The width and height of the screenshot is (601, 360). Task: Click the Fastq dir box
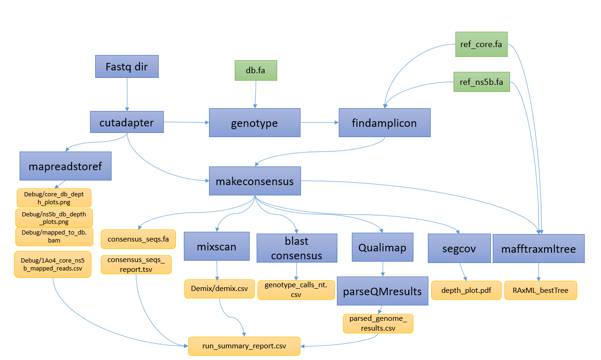pyautogui.click(x=127, y=67)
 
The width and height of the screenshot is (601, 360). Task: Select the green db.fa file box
pyautogui.click(x=255, y=70)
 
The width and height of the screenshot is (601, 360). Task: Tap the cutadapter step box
pyautogui.click(x=126, y=123)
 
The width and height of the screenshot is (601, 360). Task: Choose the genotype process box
pyautogui.click(x=254, y=123)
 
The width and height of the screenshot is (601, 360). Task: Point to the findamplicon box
pyautogui.click(x=384, y=123)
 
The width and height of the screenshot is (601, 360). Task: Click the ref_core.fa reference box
pyautogui.click(x=481, y=44)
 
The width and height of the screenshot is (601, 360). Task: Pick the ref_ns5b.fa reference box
pyautogui.click(x=482, y=82)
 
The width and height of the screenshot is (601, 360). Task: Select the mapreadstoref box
pyautogui.click(x=65, y=166)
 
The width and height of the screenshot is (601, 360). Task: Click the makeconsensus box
pyautogui.click(x=254, y=181)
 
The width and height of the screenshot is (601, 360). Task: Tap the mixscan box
pyautogui.click(x=217, y=247)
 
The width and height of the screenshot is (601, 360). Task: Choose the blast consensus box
pyautogui.click(x=297, y=248)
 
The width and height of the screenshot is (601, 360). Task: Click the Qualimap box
pyautogui.click(x=383, y=248)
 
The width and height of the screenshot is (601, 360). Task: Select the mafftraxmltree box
pyautogui.click(x=538, y=249)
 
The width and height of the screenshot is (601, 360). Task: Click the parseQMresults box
pyautogui.click(x=383, y=291)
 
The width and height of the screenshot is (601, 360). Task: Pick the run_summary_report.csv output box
pyautogui.click(x=244, y=346)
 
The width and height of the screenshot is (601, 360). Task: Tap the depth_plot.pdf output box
pyautogui.click(x=466, y=290)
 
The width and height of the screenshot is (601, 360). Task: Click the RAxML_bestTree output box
pyautogui.click(x=540, y=290)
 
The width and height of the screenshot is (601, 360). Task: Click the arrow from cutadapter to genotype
pyautogui.click(x=187, y=122)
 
